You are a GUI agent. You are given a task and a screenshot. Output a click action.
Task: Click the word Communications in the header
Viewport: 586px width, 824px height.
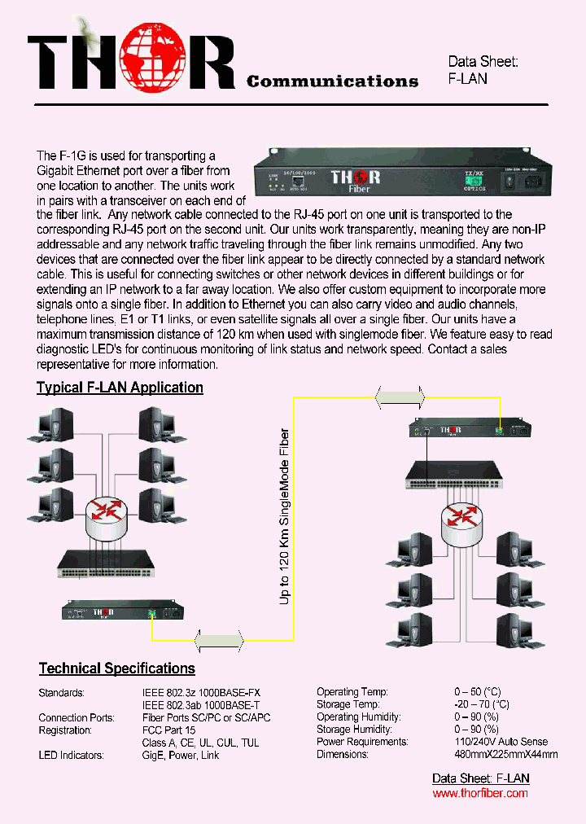point(332,81)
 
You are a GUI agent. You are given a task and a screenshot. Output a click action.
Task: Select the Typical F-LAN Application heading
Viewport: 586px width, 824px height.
point(120,388)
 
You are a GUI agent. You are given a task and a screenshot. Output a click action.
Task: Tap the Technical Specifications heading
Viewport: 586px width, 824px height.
point(117,668)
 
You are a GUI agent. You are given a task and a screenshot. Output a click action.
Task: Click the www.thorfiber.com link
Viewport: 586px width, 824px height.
point(479,793)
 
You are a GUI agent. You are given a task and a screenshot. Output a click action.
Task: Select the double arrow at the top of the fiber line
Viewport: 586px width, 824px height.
point(400,397)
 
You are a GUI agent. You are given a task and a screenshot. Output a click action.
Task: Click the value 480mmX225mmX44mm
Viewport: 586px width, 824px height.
point(505,755)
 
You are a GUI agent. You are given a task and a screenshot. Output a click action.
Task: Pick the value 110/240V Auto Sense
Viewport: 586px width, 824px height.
point(501,742)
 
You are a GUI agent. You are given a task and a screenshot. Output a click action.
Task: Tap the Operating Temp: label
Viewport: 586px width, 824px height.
point(352,692)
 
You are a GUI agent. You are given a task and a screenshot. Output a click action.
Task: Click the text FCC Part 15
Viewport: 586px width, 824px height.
point(168,730)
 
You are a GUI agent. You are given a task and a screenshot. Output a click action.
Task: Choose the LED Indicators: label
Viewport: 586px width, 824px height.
point(71,756)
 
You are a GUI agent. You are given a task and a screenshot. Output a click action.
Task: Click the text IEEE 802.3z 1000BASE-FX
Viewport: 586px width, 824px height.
point(201,693)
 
